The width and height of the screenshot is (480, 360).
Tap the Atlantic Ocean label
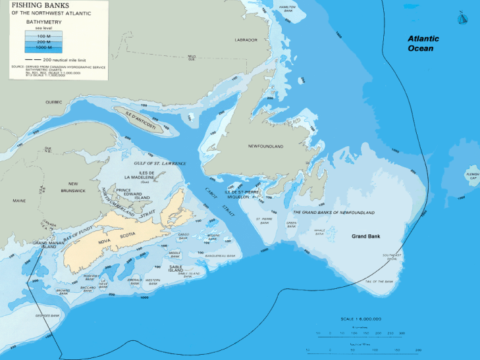click(x=423, y=43)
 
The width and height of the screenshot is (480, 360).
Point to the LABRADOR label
click(x=246, y=40)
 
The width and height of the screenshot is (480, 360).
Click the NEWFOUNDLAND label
click(x=265, y=145)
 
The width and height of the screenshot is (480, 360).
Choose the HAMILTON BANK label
click(x=288, y=9)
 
